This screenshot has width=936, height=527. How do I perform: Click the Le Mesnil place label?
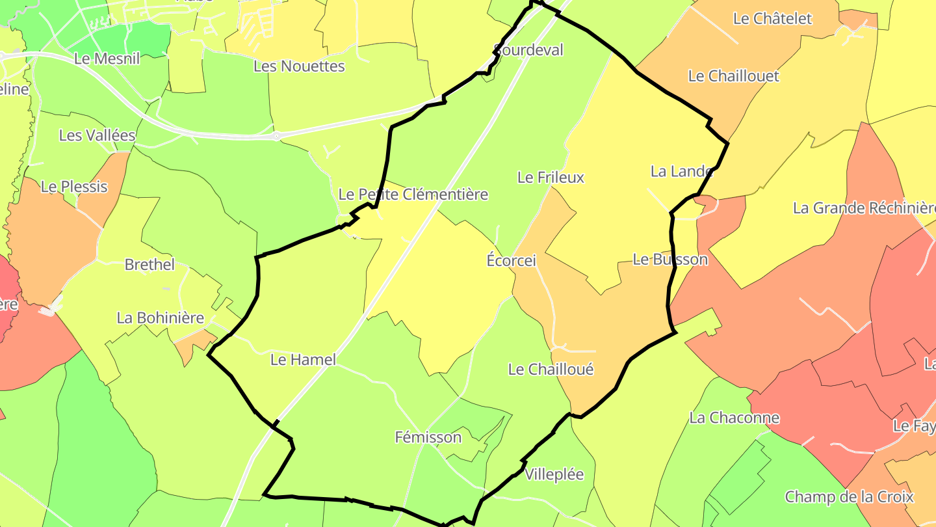pos(107,58)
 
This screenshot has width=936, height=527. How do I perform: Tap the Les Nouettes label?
pos(299,66)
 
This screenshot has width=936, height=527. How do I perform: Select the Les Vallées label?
pos(97,135)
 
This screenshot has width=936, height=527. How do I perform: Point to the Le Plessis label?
pos(73,187)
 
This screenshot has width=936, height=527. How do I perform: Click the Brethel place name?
pos(149,265)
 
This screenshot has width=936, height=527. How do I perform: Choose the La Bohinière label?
pos(160,318)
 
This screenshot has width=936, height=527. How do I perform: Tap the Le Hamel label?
pos(303,359)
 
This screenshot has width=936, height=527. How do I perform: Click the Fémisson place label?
pos(428,437)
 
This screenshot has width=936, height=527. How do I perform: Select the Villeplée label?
pos(554,474)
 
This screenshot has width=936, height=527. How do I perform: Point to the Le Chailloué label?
pos(551,370)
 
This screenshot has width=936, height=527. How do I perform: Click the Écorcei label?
pos(511,260)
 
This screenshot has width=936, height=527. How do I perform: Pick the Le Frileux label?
pos(551,177)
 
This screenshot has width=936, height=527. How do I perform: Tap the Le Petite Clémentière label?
pos(413,194)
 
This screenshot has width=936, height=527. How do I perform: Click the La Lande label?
pos(682,171)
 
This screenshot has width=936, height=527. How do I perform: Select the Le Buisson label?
pos(669,259)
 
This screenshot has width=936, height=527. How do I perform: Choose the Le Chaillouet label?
pos(733,76)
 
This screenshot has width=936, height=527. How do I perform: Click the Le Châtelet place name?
pos(772,19)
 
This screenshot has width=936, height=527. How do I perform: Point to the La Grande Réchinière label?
pos(864,208)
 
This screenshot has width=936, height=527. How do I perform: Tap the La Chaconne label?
pos(734,418)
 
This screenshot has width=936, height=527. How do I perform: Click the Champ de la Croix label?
pos(849,497)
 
